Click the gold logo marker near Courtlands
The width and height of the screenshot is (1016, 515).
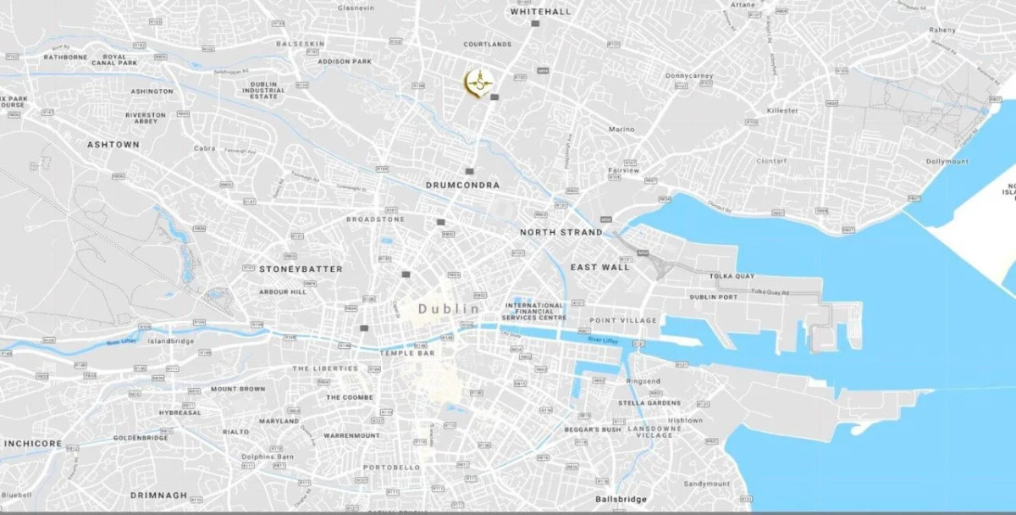[479, 82]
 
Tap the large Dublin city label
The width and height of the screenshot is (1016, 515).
[449, 309]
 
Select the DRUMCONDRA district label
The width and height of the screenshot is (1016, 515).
[462, 185]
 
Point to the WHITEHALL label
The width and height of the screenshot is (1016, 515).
[541, 12]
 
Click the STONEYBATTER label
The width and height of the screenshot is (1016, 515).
[301, 269]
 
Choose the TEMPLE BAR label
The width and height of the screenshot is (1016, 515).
[406, 352]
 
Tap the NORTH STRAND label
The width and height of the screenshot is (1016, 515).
[561, 232]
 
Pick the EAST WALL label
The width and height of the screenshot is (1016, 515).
[600, 268]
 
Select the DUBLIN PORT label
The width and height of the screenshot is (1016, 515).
[713, 297]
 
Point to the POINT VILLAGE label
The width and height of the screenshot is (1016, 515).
[623, 320]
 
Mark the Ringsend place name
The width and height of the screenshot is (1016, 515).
[643, 381]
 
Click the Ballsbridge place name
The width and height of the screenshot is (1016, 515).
[621, 499]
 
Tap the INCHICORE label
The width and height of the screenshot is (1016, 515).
[31, 444]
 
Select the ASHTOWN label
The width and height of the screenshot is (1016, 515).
[113, 145]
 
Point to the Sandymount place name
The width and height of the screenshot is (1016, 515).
[706, 484]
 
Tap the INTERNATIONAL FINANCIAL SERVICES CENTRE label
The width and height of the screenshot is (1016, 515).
[534, 311]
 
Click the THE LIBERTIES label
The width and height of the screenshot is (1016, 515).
[325, 368]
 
